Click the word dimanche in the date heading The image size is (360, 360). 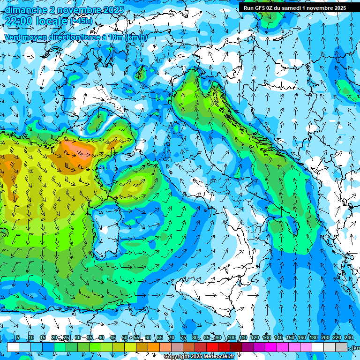[x=24, y=10]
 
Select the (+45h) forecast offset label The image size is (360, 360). [x=81, y=21]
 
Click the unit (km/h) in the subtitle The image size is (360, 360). [x=136, y=37]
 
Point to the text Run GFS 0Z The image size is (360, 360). [x=260, y=8]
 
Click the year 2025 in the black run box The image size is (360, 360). [x=337, y=8]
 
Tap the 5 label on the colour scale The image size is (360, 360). [x=17, y=338]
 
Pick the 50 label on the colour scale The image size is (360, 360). [x=125, y=338]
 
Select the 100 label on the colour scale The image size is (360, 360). [x=231, y=338]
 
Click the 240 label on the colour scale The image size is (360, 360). [x=349, y=338]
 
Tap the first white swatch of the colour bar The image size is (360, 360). [x=13, y=347]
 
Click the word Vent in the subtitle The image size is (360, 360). [x=13, y=37]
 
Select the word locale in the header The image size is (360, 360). [x=54, y=21]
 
